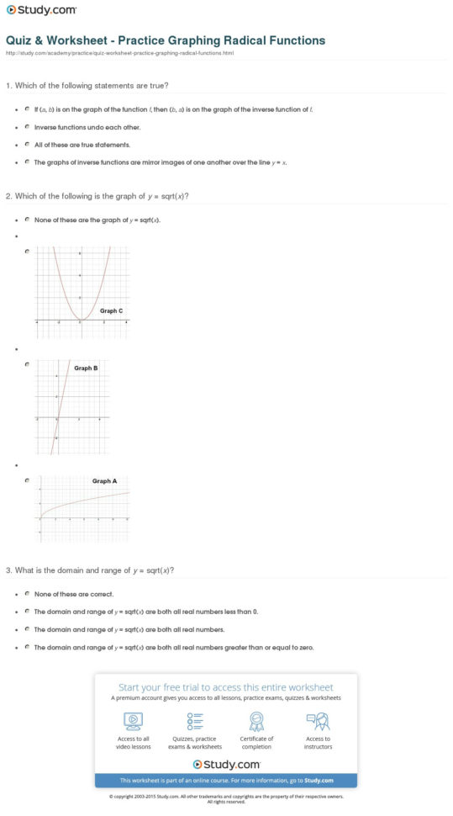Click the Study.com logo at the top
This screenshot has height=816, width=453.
pyautogui.click(x=41, y=10)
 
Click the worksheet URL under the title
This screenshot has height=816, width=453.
pyautogui.click(x=119, y=53)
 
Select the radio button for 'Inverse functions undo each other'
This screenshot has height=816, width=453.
pyautogui.click(x=28, y=126)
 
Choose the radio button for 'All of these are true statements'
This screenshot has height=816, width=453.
pyautogui.click(x=28, y=144)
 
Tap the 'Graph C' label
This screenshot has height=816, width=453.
pyautogui.click(x=111, y=311)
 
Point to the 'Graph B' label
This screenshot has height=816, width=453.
pyautogui.click(x=86, y=368)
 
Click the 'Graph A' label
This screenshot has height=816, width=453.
pyautogui.click(x=104, y=481)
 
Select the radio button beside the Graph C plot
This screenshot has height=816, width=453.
pyautogui.click(x=28, y=251)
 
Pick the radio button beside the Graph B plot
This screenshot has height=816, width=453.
pyautogui.click(x=28, y=364)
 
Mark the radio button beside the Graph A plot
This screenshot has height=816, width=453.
pyautogui.click(x=28, y=480)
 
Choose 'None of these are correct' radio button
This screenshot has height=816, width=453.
pyautogui.click(x=28, y=594)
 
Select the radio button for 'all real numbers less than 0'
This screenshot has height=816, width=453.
pyautogui.click(x=28, y=612)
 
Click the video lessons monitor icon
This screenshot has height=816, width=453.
pyautogui.click(x=134, y=721)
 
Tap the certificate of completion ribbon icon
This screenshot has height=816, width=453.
pyautogui.click(x=256, y=721)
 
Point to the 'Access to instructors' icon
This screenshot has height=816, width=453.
pyautogui.click(x=318, y=721)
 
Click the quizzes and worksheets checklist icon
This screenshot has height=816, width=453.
pyautogui.click(x=195, y=721)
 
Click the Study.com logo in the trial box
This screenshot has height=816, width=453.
pyautogui.click(x=225, y=764)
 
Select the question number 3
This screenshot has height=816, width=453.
pyautogui.click(x=8, y=570)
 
